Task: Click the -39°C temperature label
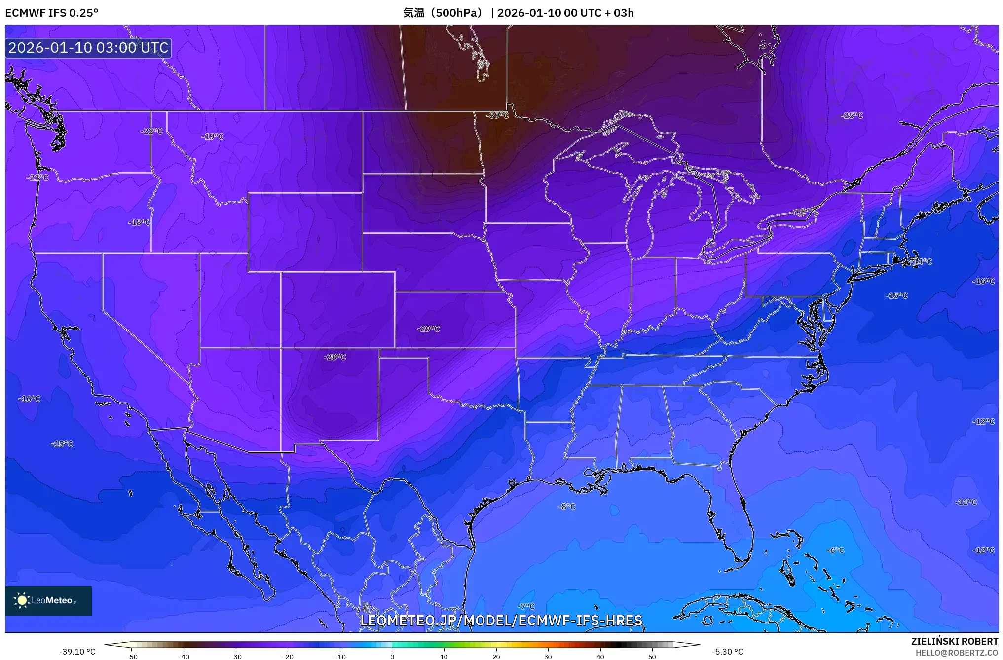[497, 115]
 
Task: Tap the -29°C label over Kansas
[428, 329]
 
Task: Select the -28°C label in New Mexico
[335, 357]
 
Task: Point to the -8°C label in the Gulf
[567, 506]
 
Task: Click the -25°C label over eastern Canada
[852, 115]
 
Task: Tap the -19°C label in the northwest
[213, 136]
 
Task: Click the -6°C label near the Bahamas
[836, 550]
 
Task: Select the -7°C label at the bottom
[526, 606]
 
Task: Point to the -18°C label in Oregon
[140, 222]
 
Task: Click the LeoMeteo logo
[48, 600]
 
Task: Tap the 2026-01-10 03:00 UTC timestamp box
[88, 48]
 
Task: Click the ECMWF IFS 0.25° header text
[52, 13]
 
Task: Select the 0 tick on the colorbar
[392, 656]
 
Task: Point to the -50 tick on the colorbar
[132, 656]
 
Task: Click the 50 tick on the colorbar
[652, 656]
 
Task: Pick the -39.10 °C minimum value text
[77, 652]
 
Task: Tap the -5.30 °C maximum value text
[727, 652]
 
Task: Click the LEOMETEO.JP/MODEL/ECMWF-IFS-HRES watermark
[501, 621]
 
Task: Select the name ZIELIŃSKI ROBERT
[954, 641]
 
